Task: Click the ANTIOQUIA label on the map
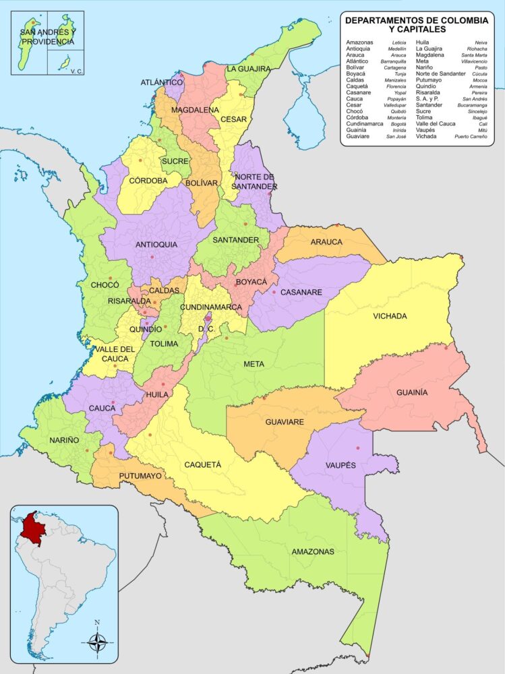(156, 244)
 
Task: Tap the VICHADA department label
(390, 316)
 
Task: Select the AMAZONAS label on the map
(313, 551)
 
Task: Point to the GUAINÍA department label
(412, 392)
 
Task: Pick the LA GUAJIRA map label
(248, 69)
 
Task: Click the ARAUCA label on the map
(326, 241)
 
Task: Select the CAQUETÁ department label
(203, 464)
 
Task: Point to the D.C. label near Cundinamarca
(206, 329)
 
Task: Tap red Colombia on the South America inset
(30, 529)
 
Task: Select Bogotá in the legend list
(398, 124)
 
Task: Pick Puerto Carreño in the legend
(470, 136)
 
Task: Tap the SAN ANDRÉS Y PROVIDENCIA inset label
(47, 36)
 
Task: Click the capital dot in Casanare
(274, 292)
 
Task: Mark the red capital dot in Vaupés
(358, 448)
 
